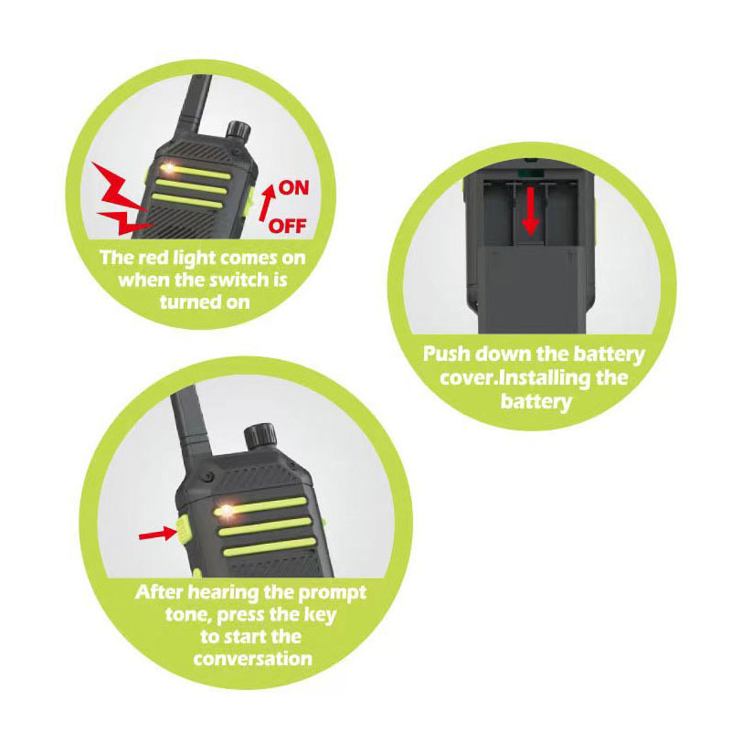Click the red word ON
tap(293, 188)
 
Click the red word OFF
tap(287, 226)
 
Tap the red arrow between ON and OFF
tap(267, 203)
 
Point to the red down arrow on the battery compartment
tap(531, 210)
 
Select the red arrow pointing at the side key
tap(157, 535)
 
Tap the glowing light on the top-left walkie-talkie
tap(168, 167)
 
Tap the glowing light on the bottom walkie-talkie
tap(227, 511)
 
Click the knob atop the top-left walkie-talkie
tap(238, 131)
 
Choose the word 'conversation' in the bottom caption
tap(253, 658)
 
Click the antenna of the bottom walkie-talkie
tap(191, 426)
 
